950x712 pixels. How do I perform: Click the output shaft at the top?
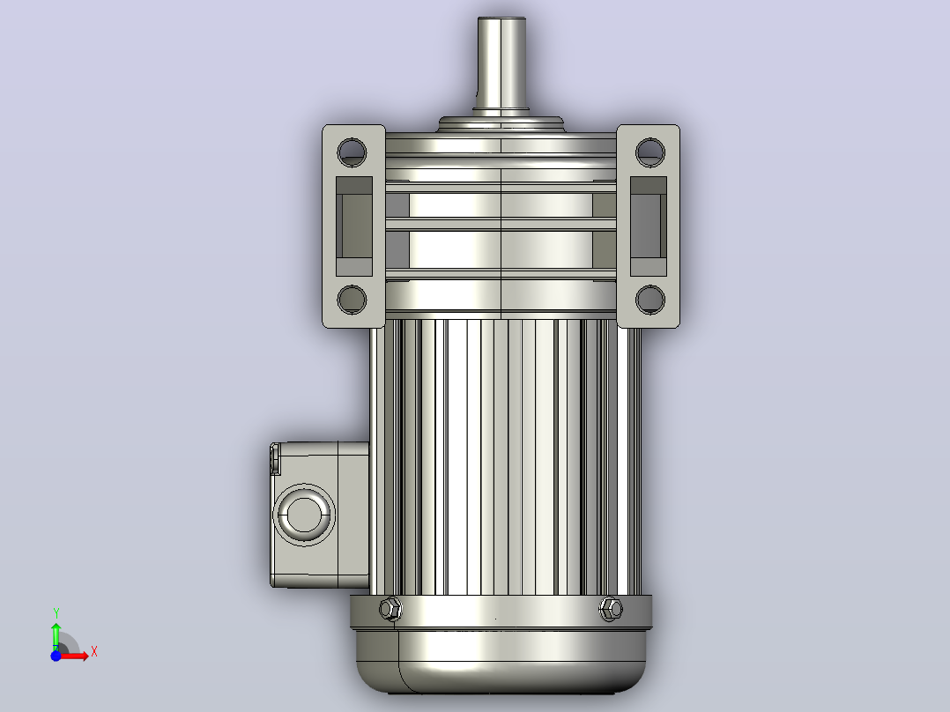[501, 65]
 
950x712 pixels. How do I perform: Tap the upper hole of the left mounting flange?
[352, 152]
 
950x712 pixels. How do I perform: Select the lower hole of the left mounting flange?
[352, 300]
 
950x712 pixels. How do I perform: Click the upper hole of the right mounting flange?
[650, 152]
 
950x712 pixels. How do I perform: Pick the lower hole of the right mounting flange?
[650, 300]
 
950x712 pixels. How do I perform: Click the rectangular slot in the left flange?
[354, 226]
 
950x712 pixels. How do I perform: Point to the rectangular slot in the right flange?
[649, 226]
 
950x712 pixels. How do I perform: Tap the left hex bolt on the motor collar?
[390, 608]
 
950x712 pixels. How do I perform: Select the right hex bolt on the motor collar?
[611, 608]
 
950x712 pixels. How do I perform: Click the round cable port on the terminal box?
[303, 515]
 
